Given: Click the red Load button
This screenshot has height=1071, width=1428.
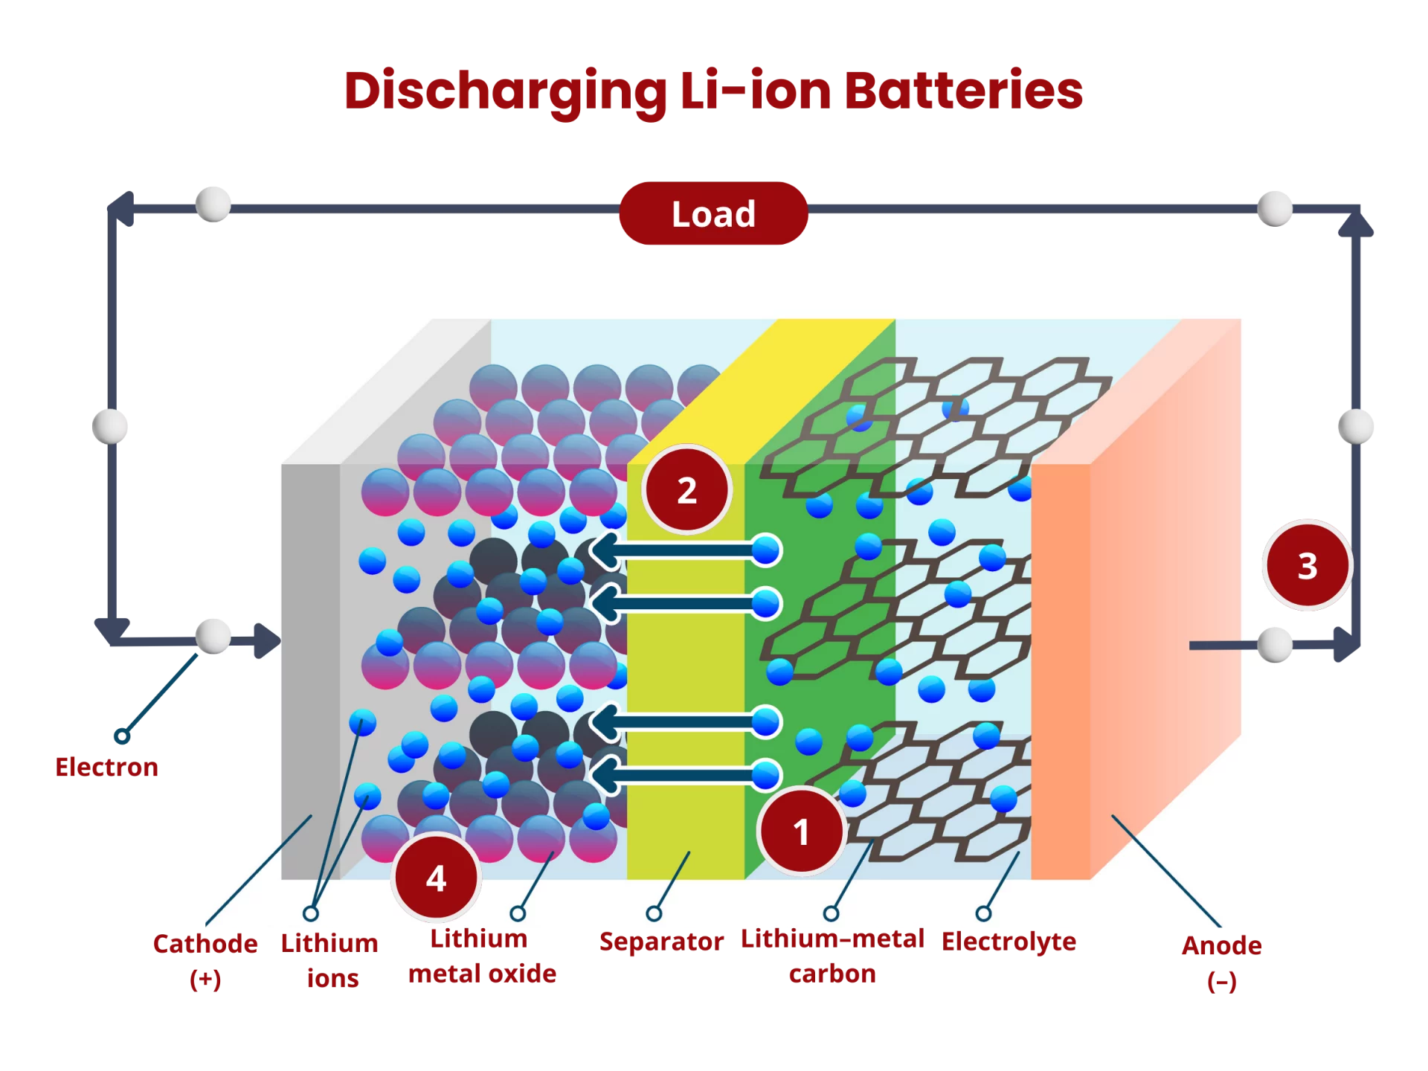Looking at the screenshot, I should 713,213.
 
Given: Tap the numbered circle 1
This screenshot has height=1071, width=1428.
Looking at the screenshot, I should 801,831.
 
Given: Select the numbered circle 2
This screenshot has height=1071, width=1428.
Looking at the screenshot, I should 687,490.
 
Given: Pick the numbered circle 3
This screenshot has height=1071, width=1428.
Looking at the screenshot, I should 1308,566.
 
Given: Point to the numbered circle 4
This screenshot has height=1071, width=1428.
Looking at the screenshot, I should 436,878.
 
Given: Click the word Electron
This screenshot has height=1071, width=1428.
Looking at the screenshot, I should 106,767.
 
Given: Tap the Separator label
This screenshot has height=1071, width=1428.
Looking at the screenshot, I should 660,942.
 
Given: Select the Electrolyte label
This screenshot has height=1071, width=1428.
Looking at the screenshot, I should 1009,942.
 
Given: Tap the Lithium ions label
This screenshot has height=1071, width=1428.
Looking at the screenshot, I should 330,960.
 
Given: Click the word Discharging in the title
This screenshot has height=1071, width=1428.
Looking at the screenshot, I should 504,93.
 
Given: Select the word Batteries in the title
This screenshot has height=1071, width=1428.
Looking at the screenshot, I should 963,91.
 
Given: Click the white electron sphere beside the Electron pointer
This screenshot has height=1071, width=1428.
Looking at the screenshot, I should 212,637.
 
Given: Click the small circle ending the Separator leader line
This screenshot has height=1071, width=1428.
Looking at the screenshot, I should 654,913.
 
